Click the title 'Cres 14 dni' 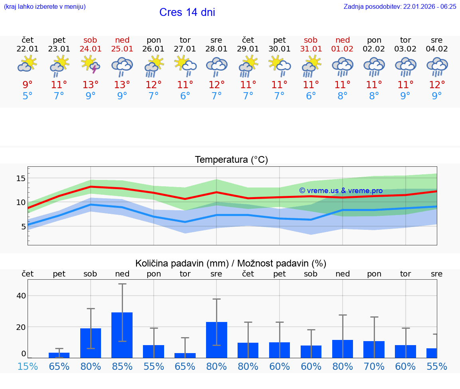coord(187,12)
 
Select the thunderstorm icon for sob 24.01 coord(91,65)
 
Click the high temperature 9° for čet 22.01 coord(28,85)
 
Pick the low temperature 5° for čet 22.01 coord(28,96)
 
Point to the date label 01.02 coord(342,49)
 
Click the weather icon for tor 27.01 coord(185,65)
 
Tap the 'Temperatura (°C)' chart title coord(231,160)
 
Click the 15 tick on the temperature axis coord(21,178)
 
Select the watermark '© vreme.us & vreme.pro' coord(341,191)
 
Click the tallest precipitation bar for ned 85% coord(122,335)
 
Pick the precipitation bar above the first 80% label coord(91,343)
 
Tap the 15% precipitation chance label coord(28,366)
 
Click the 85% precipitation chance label coord(122,366)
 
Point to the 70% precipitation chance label coord(374,366)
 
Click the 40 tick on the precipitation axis coord(21,296)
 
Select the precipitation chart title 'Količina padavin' coord(231,263)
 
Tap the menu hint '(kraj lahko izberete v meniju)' coord(45,6)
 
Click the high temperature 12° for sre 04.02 coord(437,85)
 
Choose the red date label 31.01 coord(311,49)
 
